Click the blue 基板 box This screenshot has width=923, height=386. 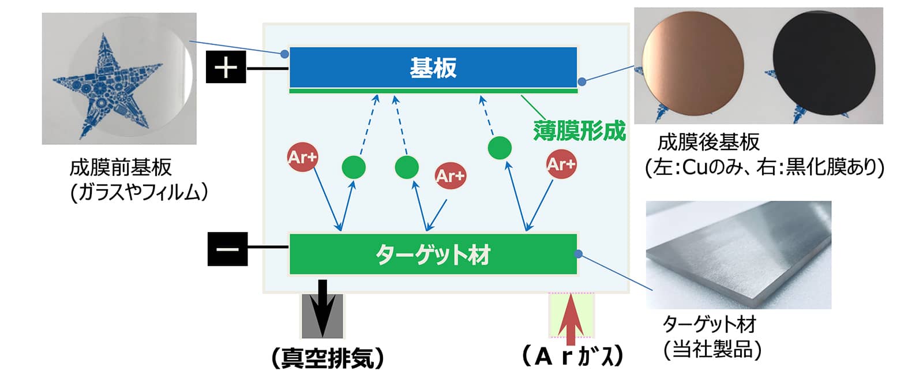tap(433, 67)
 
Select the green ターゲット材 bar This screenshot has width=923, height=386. tap(433, 254)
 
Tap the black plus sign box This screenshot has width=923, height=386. tap(226, 67)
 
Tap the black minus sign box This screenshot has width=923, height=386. tap(227, 249)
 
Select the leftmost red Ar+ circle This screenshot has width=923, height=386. tap(302, 157)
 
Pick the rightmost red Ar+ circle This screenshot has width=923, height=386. tap(561, 164)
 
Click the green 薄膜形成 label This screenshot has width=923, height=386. tap(579, 131)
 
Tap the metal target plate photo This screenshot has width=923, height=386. tap(738, 254)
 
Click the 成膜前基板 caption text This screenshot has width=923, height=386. tap(121, 168)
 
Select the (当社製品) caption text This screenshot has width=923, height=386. tap(712, 350)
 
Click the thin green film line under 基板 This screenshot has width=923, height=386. tap(433, 91)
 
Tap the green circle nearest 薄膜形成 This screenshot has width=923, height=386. tap(499, 148)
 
